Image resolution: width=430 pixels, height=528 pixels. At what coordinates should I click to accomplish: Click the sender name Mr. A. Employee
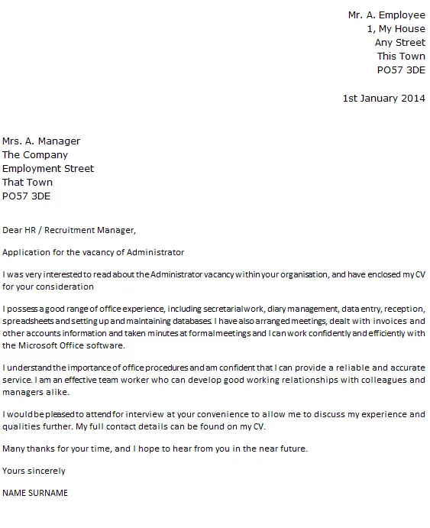coord(386,15)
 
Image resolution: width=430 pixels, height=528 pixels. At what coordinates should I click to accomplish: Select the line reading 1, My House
coord(396,28)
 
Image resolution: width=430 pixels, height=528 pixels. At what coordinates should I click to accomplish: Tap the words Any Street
coord(399,42)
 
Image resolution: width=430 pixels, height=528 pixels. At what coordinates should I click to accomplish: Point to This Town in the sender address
coord(401,56)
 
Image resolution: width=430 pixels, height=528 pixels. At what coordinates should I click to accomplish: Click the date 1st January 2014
coord(384,99)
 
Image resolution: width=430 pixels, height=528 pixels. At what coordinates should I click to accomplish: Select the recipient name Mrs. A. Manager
coord(41,141)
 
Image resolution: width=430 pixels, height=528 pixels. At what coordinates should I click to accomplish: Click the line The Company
coord(35,154)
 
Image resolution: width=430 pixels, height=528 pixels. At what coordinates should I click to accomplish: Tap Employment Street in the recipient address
coord(48,168)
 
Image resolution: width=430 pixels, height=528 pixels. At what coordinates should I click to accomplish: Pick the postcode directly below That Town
coord(27,196)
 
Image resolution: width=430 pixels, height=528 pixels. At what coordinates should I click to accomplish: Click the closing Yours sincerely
coord(34,471)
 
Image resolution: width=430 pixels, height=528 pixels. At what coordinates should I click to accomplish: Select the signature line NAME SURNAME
coord(35,493)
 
